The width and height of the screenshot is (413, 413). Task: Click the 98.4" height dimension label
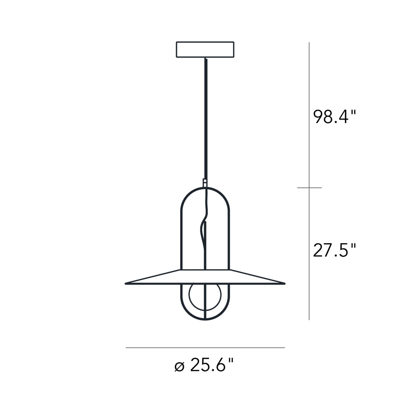(335, 117)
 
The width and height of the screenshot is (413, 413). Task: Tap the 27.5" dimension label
(334, 250)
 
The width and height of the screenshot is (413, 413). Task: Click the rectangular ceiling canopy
(205, 50)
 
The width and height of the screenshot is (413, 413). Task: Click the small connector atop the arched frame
(205, 182)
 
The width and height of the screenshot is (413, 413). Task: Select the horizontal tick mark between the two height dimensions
(309, 188)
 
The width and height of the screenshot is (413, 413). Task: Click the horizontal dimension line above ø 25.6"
(205, 348)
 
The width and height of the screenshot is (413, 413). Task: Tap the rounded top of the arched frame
(205, 189)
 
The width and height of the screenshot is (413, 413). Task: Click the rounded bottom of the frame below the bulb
(205, 319)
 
